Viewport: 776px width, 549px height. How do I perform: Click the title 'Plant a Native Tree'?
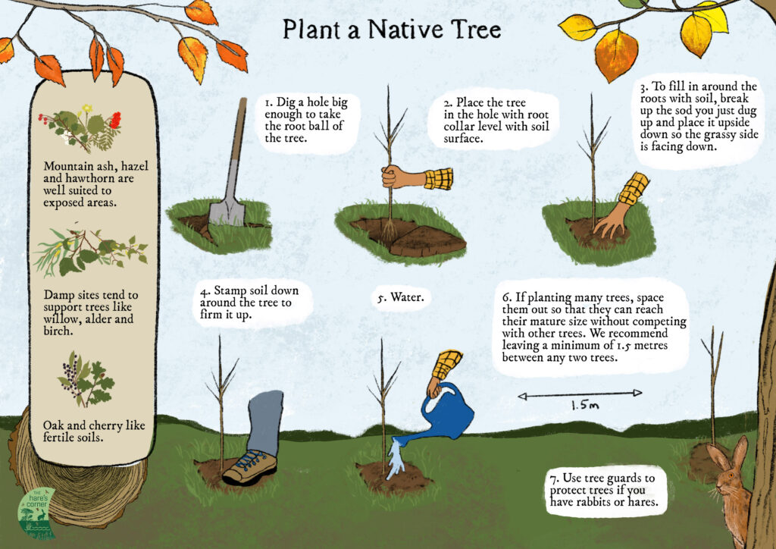click(x=392, y=30)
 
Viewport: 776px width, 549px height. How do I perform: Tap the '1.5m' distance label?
click(x=585, y=406)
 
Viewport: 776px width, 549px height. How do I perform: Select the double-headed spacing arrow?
click(x=580, y=394)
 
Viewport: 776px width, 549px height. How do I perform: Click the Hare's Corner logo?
click(x=36, y=513)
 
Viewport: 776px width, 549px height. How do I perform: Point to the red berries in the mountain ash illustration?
click(x=115, y=120)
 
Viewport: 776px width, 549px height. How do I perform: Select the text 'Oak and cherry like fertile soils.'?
click(x=93, y=431)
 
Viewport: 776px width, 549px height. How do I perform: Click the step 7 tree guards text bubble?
click(x=604, y=490)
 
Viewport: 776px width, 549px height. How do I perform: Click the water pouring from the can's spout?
click(x=396, y=459)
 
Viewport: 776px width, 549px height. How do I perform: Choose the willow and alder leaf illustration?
click(x=91, y=250)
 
